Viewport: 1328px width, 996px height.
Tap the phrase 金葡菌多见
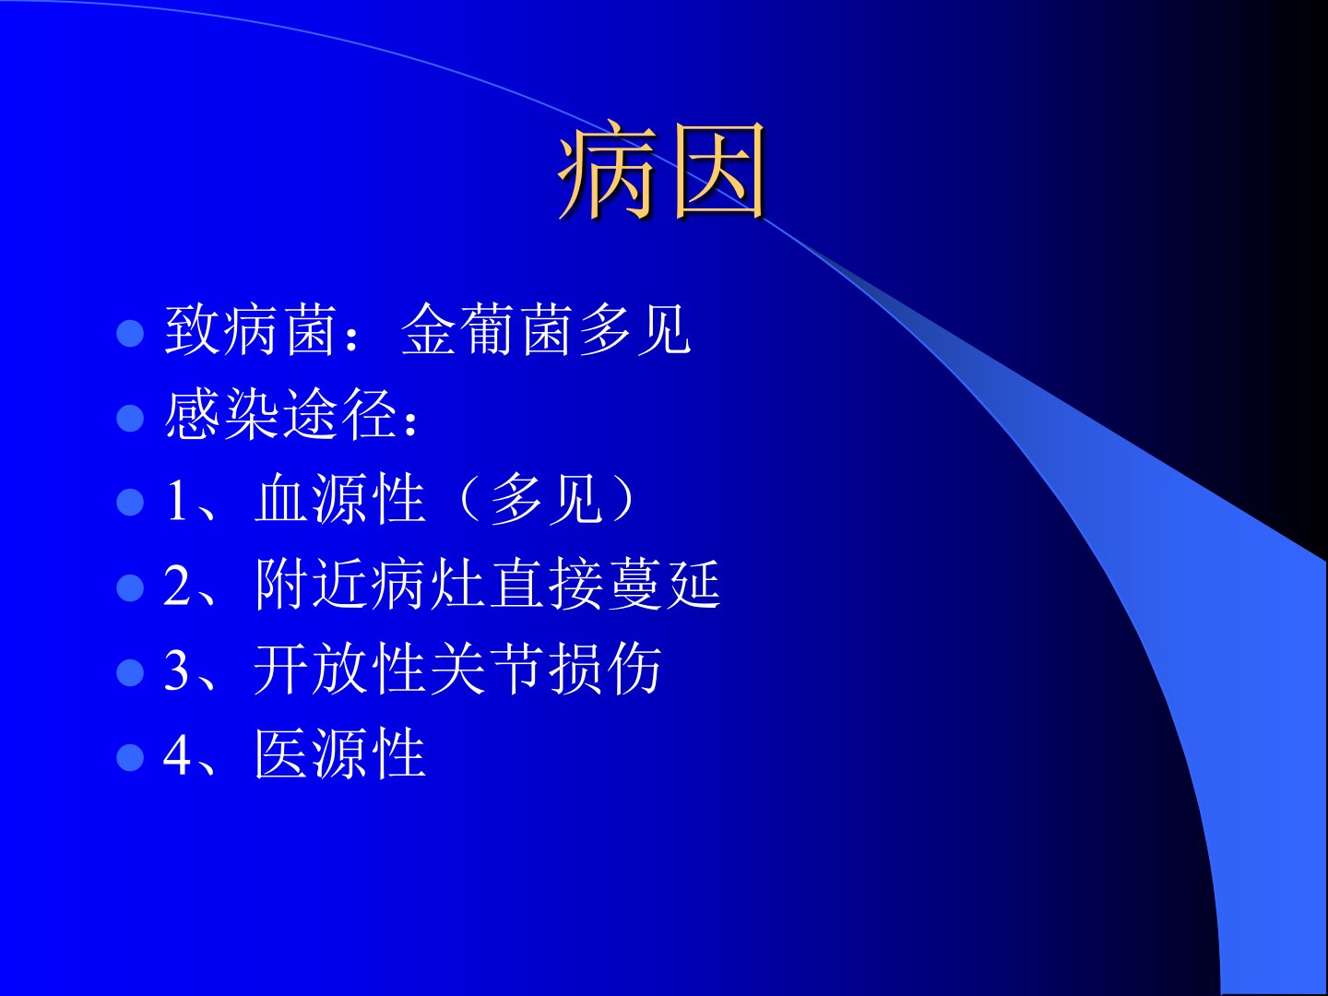[x=546, y=329]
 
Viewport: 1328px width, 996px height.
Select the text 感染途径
[x=281, y=414]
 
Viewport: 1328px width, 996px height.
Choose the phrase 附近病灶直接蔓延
[x=488, y=584]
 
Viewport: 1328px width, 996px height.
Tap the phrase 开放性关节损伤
[x=458, y=669]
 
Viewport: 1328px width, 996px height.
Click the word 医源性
[x=340, y=753]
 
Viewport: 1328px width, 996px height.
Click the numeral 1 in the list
[x=177, y=500]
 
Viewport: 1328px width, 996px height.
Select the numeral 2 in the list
[x=177, y=585]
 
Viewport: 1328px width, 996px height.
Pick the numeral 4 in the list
[x=177, y=754]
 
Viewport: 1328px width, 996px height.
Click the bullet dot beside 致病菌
[x=130, y=333]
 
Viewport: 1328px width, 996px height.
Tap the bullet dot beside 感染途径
[x=130, y=418]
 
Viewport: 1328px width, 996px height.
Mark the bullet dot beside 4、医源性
[x=130, y=757]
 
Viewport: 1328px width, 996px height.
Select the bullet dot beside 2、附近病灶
[x=130, y=587]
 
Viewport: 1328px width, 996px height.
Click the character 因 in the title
[x=720, y=171]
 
